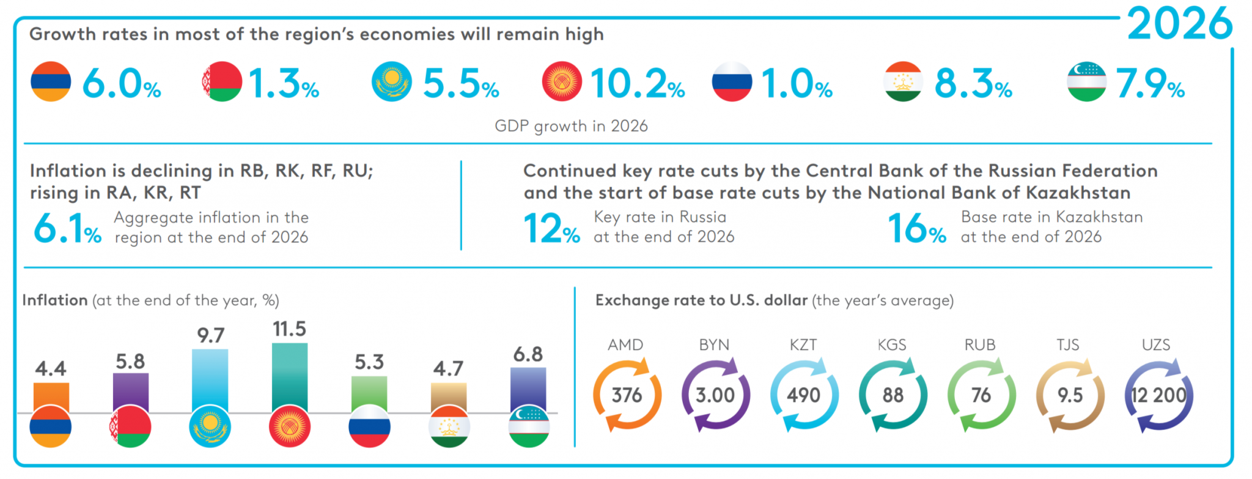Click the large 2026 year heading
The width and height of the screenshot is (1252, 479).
1180,23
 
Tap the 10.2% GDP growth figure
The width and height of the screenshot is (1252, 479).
638,83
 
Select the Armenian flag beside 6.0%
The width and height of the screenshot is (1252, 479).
51,81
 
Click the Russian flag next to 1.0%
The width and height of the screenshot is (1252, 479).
732,81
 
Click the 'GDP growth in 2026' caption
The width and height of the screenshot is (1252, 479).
571,126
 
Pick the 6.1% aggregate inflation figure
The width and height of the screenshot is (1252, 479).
67,228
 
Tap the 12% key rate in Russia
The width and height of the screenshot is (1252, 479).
551,228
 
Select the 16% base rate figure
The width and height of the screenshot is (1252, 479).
917,228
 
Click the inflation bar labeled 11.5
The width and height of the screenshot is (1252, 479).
290,377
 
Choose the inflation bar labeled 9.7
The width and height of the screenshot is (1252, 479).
210,380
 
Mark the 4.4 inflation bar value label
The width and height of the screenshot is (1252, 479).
51,368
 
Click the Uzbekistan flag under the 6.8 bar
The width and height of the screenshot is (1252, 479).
529,426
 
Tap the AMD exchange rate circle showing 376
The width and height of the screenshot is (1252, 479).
627,395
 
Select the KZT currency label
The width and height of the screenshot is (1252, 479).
803,345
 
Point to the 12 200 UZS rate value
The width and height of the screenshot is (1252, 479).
1158,395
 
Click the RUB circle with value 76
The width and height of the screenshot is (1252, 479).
981,395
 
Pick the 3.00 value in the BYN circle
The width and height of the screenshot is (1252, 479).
715,395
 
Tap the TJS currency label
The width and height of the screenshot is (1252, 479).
1068,345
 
